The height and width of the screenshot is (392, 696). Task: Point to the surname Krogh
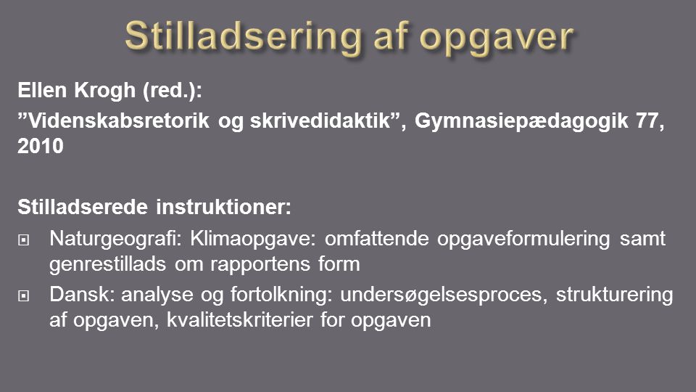pyautogui.click(x=104, y=91)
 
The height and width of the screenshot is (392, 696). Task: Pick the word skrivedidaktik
pyautogui.click(x=320, y=121)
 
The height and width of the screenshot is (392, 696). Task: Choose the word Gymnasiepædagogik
pyautogui.click(x=521, y=122)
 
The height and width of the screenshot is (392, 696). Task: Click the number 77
pyautogui.click(x=647, y=121)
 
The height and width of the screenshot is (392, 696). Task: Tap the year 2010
pyautogui.click(x=41, y=146)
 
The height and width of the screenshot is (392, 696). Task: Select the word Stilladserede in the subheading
pyautogui.click(x=83, y=207)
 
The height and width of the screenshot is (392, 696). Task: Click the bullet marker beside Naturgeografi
pyautogui.click(x=23, y=240)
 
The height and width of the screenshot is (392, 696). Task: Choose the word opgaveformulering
pyautogui.click(x=523, y=240)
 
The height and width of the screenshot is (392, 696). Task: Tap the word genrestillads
pyautogui.click(x=107, y=265)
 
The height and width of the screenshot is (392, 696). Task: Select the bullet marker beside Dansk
pyautogui.click(x=23, y=295)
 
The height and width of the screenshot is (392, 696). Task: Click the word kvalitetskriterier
pyautogui.click(x=240, y=320)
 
